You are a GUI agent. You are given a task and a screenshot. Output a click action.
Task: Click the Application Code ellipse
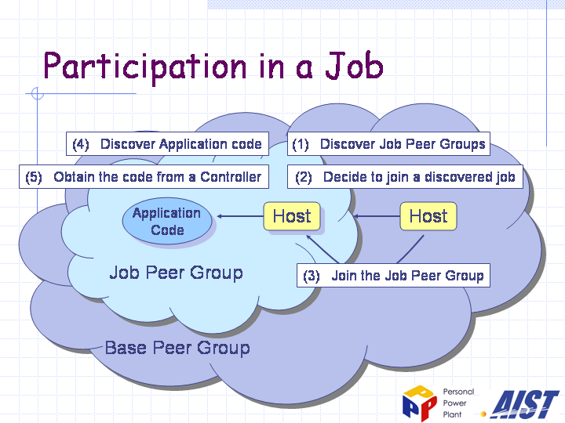(167, 221)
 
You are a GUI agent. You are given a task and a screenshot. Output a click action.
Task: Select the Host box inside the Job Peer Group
(292, 216)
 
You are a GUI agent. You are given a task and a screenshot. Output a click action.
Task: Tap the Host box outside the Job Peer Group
(428, 216)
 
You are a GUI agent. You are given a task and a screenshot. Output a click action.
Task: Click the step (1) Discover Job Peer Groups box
(388, 144)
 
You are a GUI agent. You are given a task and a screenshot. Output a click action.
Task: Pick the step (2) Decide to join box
(405, 176)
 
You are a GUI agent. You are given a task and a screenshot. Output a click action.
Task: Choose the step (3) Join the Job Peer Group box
(393, 276)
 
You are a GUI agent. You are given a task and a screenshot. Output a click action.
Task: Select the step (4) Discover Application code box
(167, 144)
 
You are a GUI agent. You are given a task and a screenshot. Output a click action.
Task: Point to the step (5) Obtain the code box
(144, 176)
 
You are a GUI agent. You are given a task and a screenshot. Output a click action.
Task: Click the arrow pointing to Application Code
(240, 216)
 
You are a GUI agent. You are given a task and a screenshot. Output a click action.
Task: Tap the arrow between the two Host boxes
(377, 216)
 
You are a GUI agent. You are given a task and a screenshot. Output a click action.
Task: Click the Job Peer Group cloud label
(177, 273)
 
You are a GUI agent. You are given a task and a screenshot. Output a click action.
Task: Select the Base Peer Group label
(177, 348)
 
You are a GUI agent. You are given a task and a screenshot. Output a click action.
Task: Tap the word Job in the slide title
(355, 65)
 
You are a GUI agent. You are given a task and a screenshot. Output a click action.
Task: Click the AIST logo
(524, 404)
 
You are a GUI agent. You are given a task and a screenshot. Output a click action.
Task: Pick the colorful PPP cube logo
(420, 403)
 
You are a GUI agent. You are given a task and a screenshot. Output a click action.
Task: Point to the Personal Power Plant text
(458, 403)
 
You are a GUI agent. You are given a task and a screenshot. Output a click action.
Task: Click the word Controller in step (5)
(231, 176)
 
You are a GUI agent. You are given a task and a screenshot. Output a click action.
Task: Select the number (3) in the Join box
(312, 276)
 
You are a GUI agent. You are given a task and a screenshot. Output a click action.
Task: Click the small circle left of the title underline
(38, 93)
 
